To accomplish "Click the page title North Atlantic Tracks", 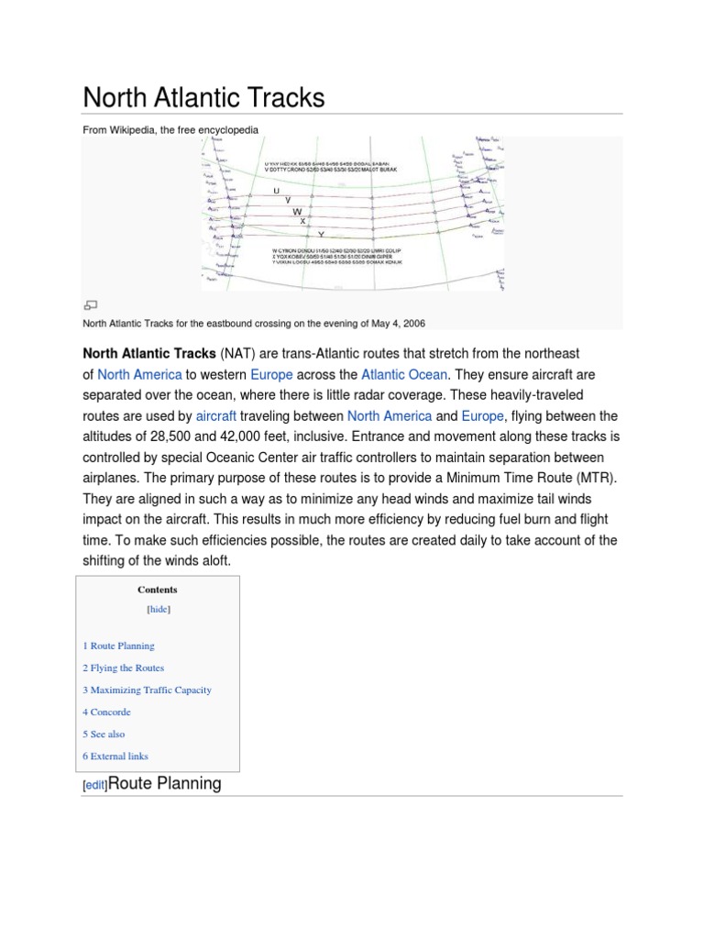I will click(x=203, y=97).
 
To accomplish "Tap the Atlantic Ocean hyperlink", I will click(x=404, y=374).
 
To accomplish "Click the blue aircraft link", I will click(x=216, y=415).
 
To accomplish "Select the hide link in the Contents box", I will click(x=158, y=609).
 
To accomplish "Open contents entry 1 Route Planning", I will click(x=118, y=646).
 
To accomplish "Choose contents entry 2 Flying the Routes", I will click(x=123, y=668).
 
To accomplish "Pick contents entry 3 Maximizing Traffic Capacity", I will click(x=147, y=690).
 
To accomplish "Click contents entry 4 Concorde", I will click(x=106, y=712).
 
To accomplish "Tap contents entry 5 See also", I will click(x=104, y=734).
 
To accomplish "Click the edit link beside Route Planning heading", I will click(x=95, y=785).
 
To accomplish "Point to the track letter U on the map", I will click(x=276, y=191).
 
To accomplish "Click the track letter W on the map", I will click(x=297, y=212).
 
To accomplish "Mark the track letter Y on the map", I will click(x=321, y=235).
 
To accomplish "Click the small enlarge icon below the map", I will click(x=90, y=304).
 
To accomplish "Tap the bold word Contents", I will click(x=158, y=590).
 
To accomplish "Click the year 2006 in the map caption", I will click(x=411, y=323).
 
